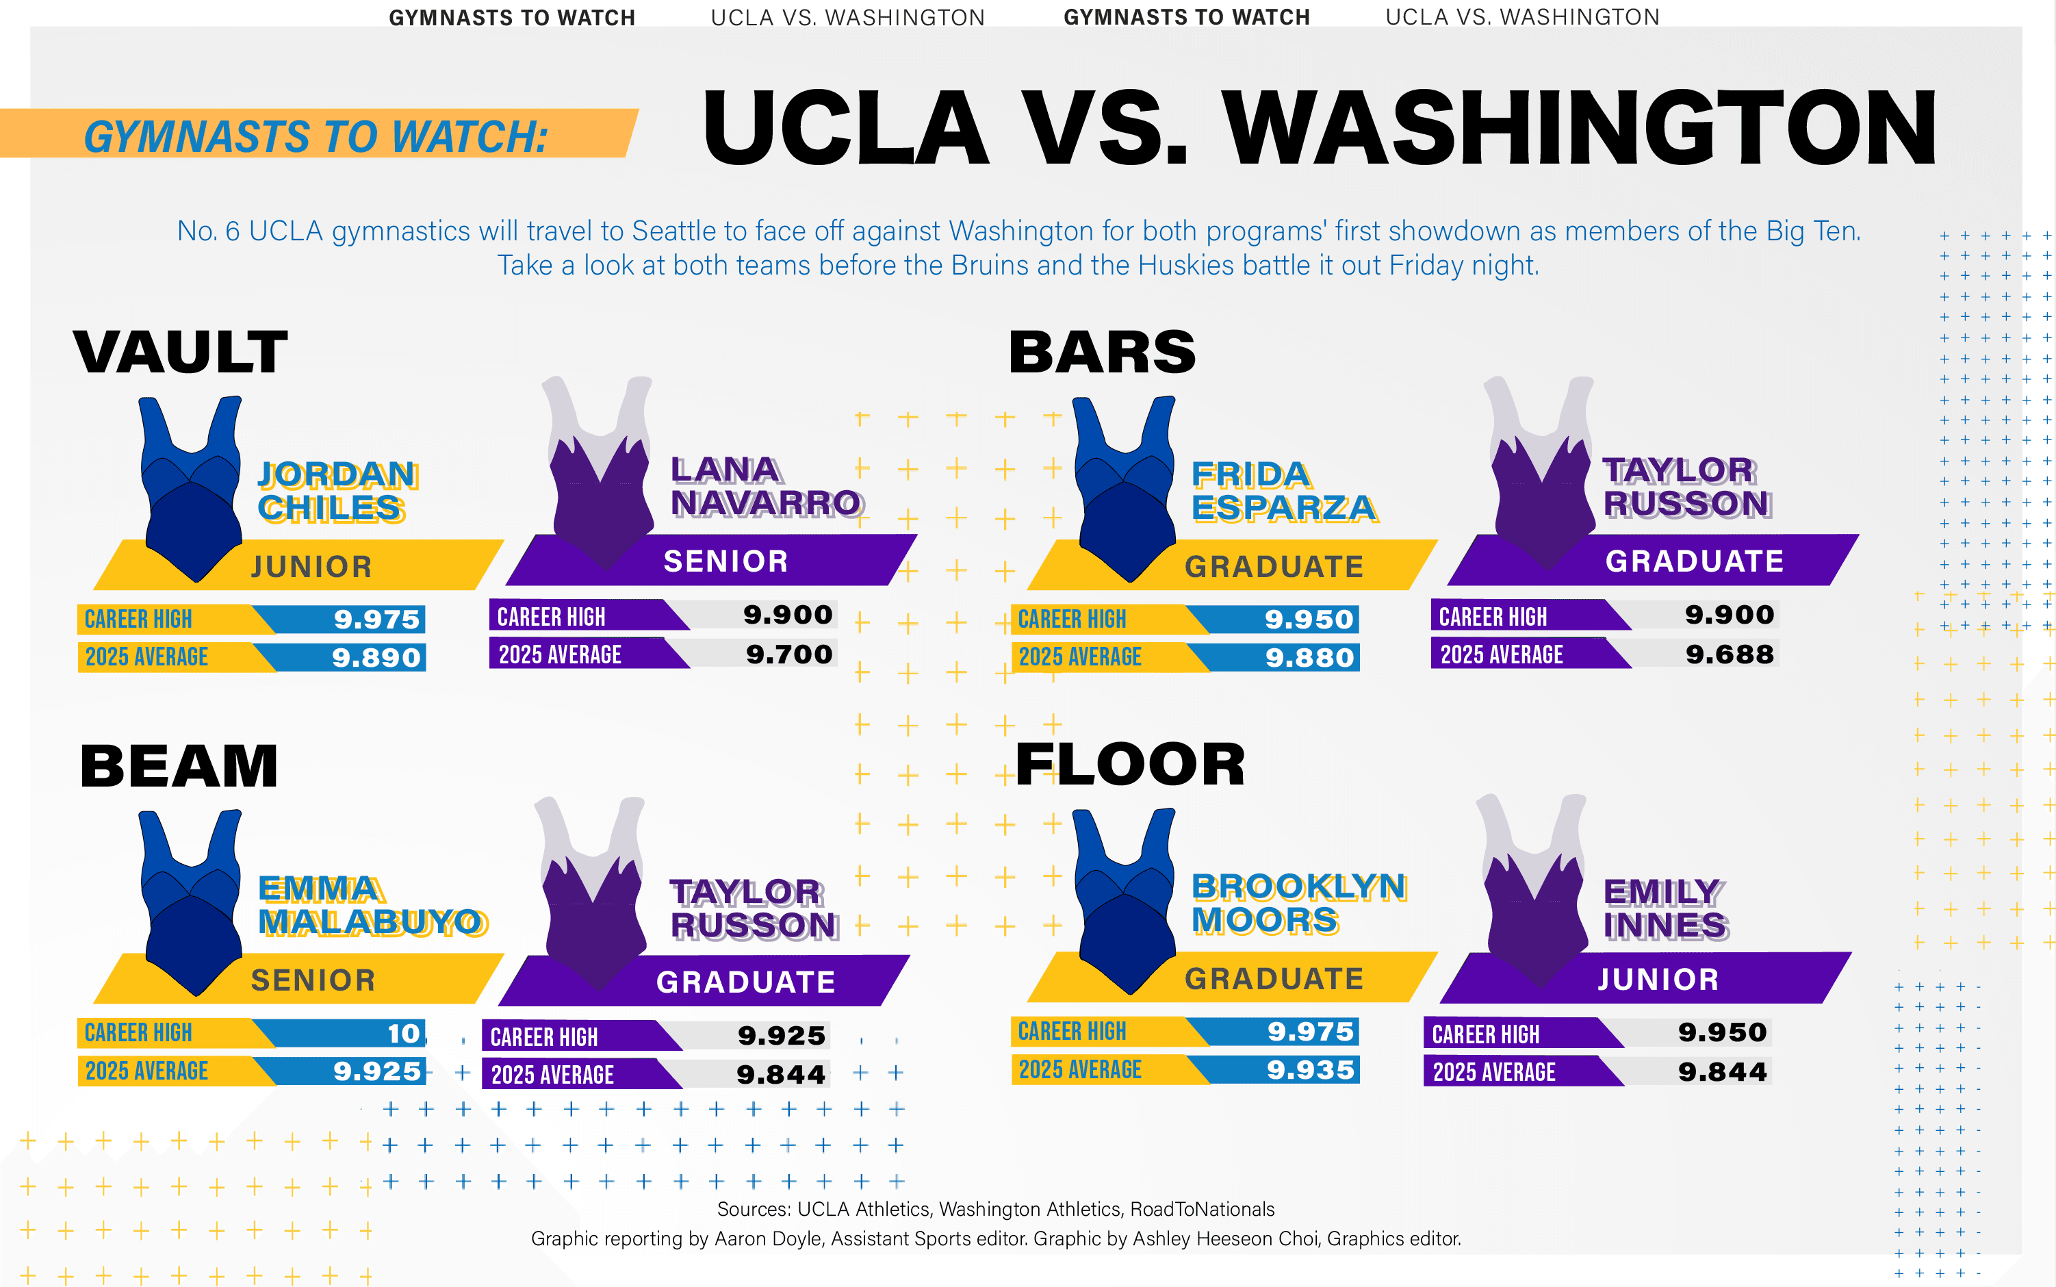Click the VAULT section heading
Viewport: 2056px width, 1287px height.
tap(181, 352)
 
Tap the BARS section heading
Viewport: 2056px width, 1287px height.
tap(1102, 352)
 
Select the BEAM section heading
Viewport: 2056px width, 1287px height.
tap(179, 766)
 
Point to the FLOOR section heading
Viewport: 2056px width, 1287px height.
tap(1130, 765)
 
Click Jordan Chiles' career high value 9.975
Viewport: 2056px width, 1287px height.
tap(376, 619)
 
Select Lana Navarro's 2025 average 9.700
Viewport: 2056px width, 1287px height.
tap(789, 654)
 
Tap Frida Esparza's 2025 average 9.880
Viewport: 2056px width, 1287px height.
tap(1309, 657)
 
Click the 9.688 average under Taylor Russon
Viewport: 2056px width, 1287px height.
tap(1730, 654)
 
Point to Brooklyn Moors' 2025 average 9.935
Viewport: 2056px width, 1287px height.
tap(1310, 1070)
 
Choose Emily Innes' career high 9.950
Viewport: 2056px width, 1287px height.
tap(1723, 1032)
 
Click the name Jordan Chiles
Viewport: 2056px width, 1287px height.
tap(336, 491)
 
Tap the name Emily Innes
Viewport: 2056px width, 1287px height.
tap(1665, 908)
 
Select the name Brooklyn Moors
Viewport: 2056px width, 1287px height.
tap(1297, 903)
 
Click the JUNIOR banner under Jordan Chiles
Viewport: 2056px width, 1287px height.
tap(311, 566)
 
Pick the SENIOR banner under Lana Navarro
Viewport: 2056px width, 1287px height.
tap(725, 561)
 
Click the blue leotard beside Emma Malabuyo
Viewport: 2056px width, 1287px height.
tap(192, 902)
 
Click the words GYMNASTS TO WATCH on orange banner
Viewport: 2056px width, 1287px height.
tap(316, 136)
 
